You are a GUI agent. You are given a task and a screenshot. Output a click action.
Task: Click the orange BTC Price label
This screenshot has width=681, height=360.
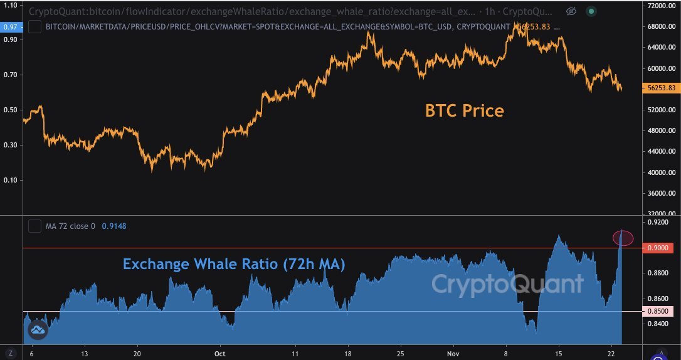pyautogui.click(x=465, y=111)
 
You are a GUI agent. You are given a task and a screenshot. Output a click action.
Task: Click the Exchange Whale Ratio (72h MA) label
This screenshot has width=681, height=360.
pyautogui.click(x=234, y=264)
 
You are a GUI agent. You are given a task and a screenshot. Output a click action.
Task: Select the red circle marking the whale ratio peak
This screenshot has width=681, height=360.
pyautogui.click(x=623, y=238)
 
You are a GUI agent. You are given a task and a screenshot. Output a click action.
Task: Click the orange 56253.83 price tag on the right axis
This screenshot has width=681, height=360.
pyautogui.click(x=662, y=88)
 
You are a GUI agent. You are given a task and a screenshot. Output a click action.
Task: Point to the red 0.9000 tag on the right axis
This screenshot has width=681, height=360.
pyautogui.click(x=661, y=248)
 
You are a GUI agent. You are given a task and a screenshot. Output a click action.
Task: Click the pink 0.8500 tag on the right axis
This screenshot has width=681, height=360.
pyautogui.click(x=661, y=311)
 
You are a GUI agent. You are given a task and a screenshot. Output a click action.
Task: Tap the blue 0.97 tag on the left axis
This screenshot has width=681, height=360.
pyautogui.click(x=10, y=26)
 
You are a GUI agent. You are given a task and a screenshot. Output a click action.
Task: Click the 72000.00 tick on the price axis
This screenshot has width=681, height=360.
pyautogui.click(x=662, y=6)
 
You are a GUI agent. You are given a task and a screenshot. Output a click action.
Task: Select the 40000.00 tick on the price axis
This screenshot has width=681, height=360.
pyautogui.click(x=662, y=172)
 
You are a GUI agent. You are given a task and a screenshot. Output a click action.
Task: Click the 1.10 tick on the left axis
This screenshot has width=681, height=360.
pyautogui.click(x=10, y=4)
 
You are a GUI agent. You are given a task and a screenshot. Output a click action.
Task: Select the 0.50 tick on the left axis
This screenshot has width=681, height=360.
pyautogui.click(x=10, y=110)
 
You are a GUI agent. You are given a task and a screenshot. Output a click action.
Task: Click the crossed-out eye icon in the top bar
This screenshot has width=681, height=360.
pyautogui.click(x=571, y=11)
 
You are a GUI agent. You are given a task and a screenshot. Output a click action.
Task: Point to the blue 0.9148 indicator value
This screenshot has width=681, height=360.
pyautogui.click(x=113, y=226)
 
